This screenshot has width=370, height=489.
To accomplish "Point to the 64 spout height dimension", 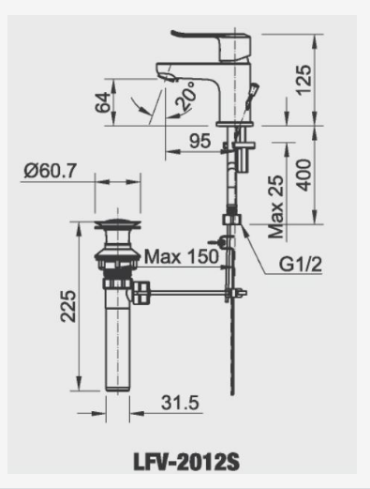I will [99, 101].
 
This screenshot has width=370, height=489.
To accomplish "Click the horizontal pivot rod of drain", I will [187, 294].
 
